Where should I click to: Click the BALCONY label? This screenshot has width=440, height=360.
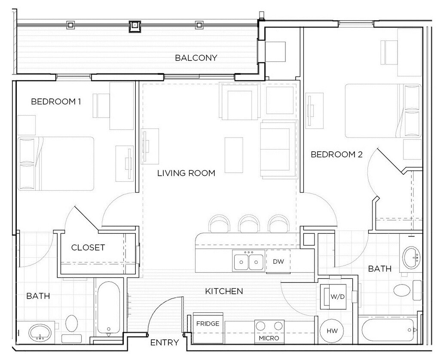[196, 58]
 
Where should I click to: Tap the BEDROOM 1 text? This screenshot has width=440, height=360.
[56, 101]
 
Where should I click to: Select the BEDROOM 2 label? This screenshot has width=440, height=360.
[336, 154]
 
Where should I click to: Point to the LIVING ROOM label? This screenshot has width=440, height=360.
[186, 173]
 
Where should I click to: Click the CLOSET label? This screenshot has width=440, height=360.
[88, 247]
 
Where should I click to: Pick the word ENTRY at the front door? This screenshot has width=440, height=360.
[165, 342]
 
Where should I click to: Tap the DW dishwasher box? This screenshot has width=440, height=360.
[278, 261]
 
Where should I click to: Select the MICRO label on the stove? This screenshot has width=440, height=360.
[269, 338]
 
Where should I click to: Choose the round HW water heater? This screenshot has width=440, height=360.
[332, 331]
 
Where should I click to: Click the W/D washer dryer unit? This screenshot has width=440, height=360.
[333, 296]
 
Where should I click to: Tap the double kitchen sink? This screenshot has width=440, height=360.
[249, 261]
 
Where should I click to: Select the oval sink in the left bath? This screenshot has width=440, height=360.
[40, 333]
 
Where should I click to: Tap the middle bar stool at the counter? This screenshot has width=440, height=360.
[249, 224]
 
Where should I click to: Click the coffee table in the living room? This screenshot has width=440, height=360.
[234, 155]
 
